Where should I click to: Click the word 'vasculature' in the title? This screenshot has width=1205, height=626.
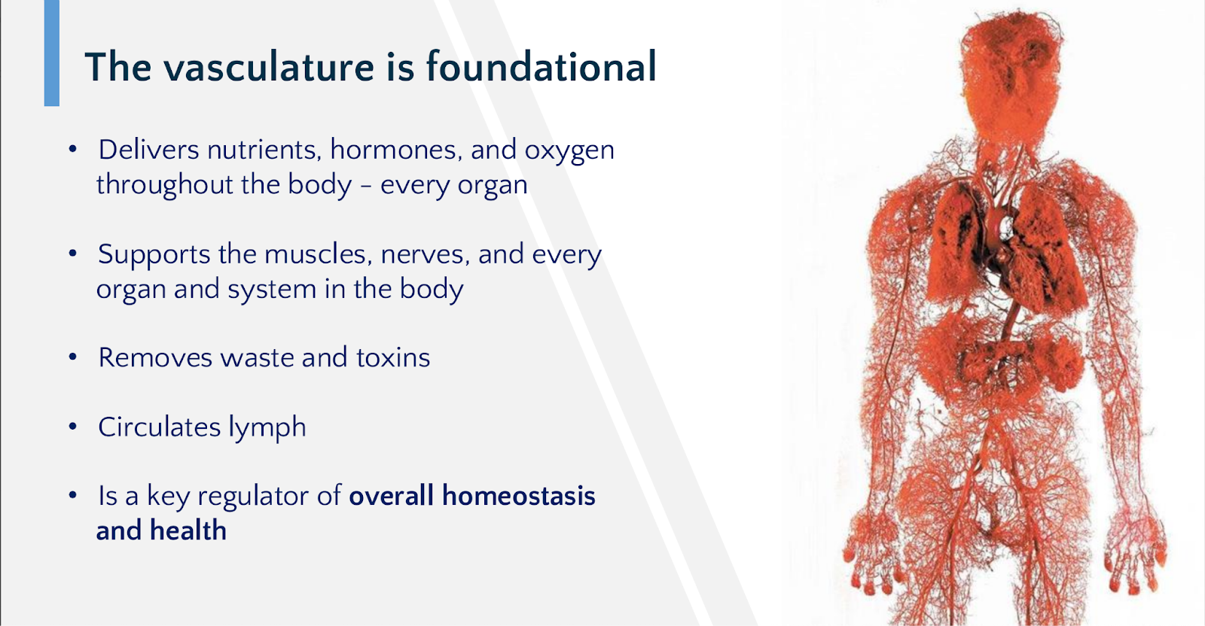(268, 67)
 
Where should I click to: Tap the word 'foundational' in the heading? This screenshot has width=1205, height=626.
(541, 66)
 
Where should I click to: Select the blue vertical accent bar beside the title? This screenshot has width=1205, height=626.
(52, 53)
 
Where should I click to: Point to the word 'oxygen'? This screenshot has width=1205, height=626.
(569, 152)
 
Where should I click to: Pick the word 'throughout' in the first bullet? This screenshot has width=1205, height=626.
(164, 185)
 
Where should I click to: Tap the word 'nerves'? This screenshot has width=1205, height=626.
(425, 255)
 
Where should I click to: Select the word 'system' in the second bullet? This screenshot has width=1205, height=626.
(272, 290)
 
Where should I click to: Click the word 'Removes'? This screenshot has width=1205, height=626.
(155, 358)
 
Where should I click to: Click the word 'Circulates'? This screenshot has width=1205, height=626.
(159, 427)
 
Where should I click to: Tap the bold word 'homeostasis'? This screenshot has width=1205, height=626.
(519, 495)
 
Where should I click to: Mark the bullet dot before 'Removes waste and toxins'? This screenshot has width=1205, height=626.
(73, 357)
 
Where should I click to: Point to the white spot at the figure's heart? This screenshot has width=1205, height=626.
(1005, 229)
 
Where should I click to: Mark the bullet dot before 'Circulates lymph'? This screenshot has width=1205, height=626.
(73, 427)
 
